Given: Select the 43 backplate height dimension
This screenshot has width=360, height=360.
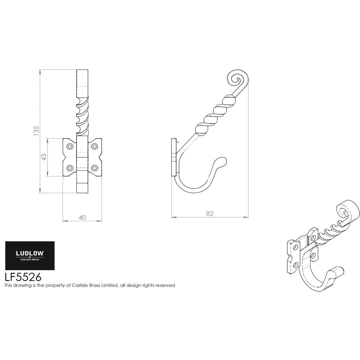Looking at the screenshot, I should (44, 157).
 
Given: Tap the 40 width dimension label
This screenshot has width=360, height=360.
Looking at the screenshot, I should (82, 217).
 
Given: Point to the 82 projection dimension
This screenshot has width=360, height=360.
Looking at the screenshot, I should (210, 213).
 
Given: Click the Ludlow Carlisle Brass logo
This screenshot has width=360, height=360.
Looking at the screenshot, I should (30, 255).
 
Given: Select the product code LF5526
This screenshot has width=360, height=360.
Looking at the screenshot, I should (23, 277).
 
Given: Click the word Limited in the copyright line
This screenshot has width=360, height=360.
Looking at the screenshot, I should (108, 285).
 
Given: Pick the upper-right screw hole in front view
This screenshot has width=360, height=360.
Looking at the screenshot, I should (95, 146).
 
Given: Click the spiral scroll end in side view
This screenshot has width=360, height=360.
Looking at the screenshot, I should (237, 79).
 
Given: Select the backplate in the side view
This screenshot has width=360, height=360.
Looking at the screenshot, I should (174, 157).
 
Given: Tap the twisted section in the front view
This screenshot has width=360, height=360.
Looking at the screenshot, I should (82, 115).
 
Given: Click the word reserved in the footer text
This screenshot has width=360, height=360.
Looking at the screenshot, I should (165, 285).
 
